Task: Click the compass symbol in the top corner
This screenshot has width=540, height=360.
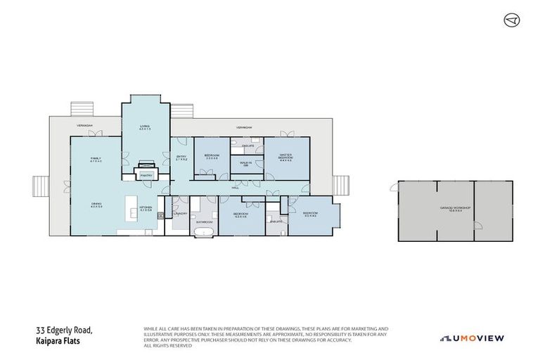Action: point(511,20)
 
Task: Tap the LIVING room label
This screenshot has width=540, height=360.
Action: point(145,127)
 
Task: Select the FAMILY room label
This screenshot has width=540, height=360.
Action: point(96,160)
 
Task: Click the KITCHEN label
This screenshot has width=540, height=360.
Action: point(146,209)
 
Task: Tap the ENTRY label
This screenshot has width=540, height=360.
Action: point(179,158)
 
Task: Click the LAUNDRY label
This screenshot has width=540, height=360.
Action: point(180,216)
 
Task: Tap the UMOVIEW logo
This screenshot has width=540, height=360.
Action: point(472,338)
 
